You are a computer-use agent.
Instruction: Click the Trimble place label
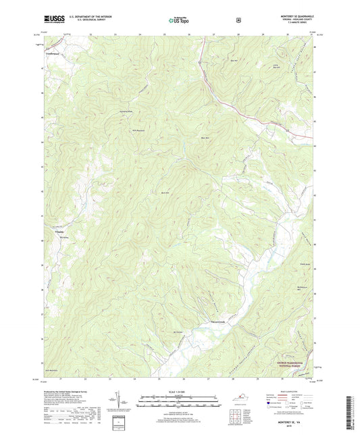[x=50, y=231]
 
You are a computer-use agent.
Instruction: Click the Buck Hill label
[x=164, y=191]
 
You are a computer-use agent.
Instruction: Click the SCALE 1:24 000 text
[x=179, y=391]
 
